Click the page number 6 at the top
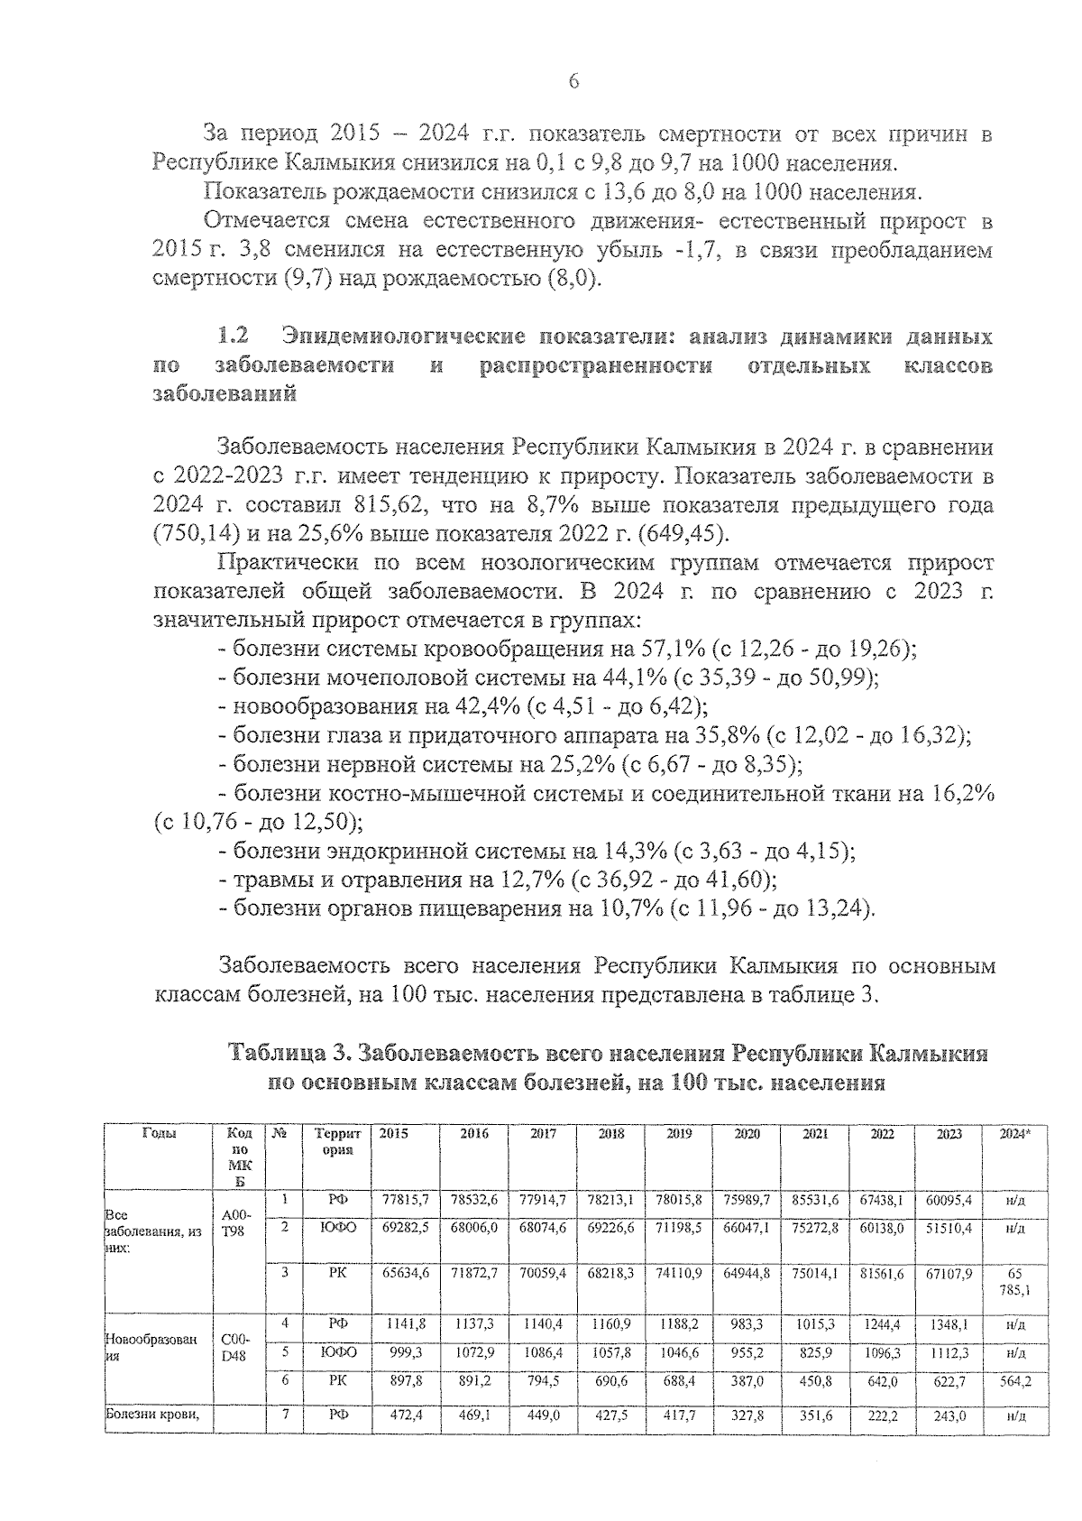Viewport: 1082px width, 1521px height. pyautogui.click(x=573, y=82)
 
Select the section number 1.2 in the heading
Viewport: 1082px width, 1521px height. pyautogui.click(x=234, y=337)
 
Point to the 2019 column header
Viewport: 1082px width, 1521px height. pyautogui.click(x=679, y=1134)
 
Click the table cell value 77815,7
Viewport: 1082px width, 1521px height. pyautogui.click(x=405, y=1201)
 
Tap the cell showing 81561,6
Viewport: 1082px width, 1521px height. pyautogui.click(x=881, y=1272)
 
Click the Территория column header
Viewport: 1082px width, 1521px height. pyautogui.click(x=337, y=1141)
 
